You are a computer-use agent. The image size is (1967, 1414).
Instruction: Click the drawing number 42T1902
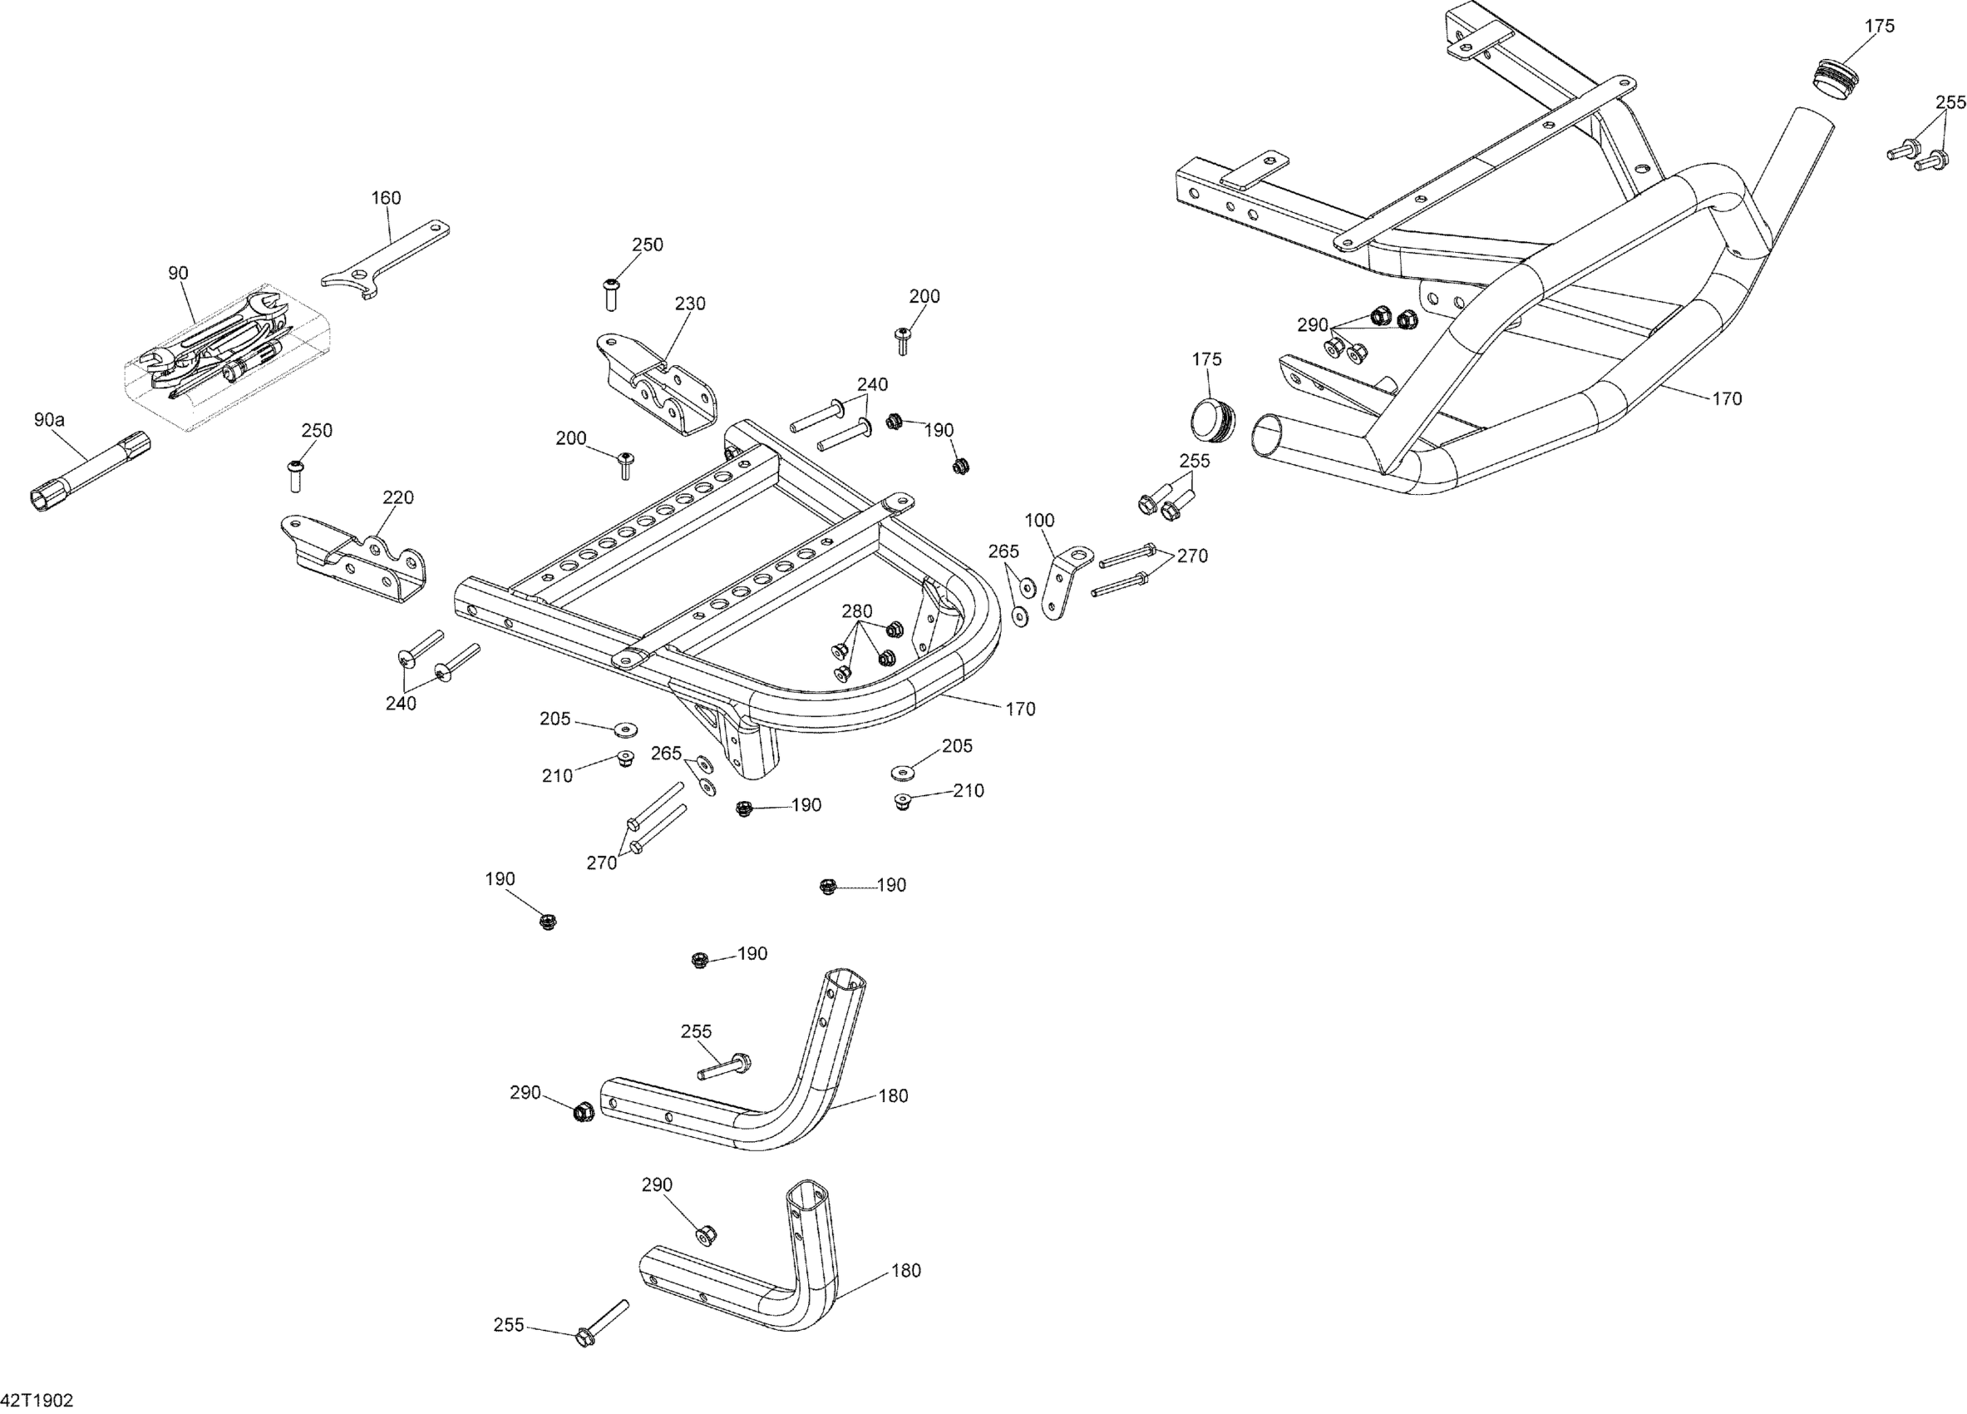tap(37, 1400)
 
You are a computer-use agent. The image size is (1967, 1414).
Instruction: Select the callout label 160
tap(386, 198)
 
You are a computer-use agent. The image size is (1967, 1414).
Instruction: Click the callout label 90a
tap(49, 420)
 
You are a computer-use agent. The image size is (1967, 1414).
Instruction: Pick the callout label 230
tap(690, 304)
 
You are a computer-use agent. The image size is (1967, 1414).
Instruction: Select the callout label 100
tap(1039, 521)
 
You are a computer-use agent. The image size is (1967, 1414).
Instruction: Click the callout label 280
tap(857, 611)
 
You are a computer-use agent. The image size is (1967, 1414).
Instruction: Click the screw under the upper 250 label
tap(611, 294)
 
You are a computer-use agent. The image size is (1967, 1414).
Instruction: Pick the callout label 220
tap(398, 498)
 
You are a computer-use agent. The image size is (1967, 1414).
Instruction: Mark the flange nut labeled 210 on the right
tap(903, 801)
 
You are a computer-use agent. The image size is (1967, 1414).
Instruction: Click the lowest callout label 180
tap(906, 1271)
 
